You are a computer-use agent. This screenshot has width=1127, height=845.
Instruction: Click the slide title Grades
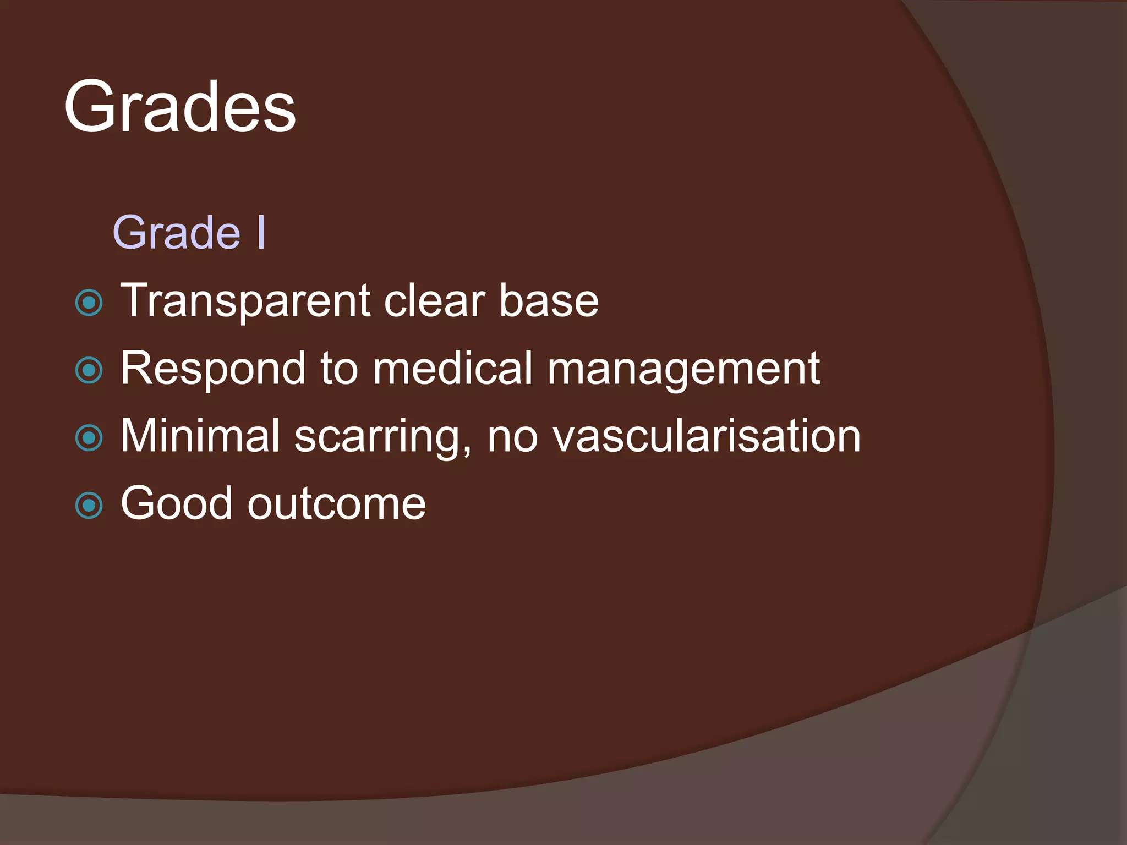(180, 107)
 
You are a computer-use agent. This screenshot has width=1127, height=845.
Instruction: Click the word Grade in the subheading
(177, 233)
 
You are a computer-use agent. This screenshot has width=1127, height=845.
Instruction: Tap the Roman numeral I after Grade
(261, 233)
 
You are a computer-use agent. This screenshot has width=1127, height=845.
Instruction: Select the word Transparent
(245, 301)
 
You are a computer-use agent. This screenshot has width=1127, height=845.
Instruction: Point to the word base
(549, 301)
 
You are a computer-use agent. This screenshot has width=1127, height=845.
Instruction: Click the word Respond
(212, 369)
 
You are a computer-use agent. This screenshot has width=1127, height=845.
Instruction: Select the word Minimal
(200, 436)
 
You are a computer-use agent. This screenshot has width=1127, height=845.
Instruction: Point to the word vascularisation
(707, 436)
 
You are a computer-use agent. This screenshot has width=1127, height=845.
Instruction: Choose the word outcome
(336, 504)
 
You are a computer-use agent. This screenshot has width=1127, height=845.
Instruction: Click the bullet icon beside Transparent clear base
(89, 303)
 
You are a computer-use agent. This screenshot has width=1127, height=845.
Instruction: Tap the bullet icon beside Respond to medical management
(89, 370)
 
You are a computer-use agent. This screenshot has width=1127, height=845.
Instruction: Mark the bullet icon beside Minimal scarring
(89, 438)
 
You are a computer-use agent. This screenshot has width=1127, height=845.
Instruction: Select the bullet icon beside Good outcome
(89, 506)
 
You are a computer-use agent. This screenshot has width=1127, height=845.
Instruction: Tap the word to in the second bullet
(339, 368)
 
